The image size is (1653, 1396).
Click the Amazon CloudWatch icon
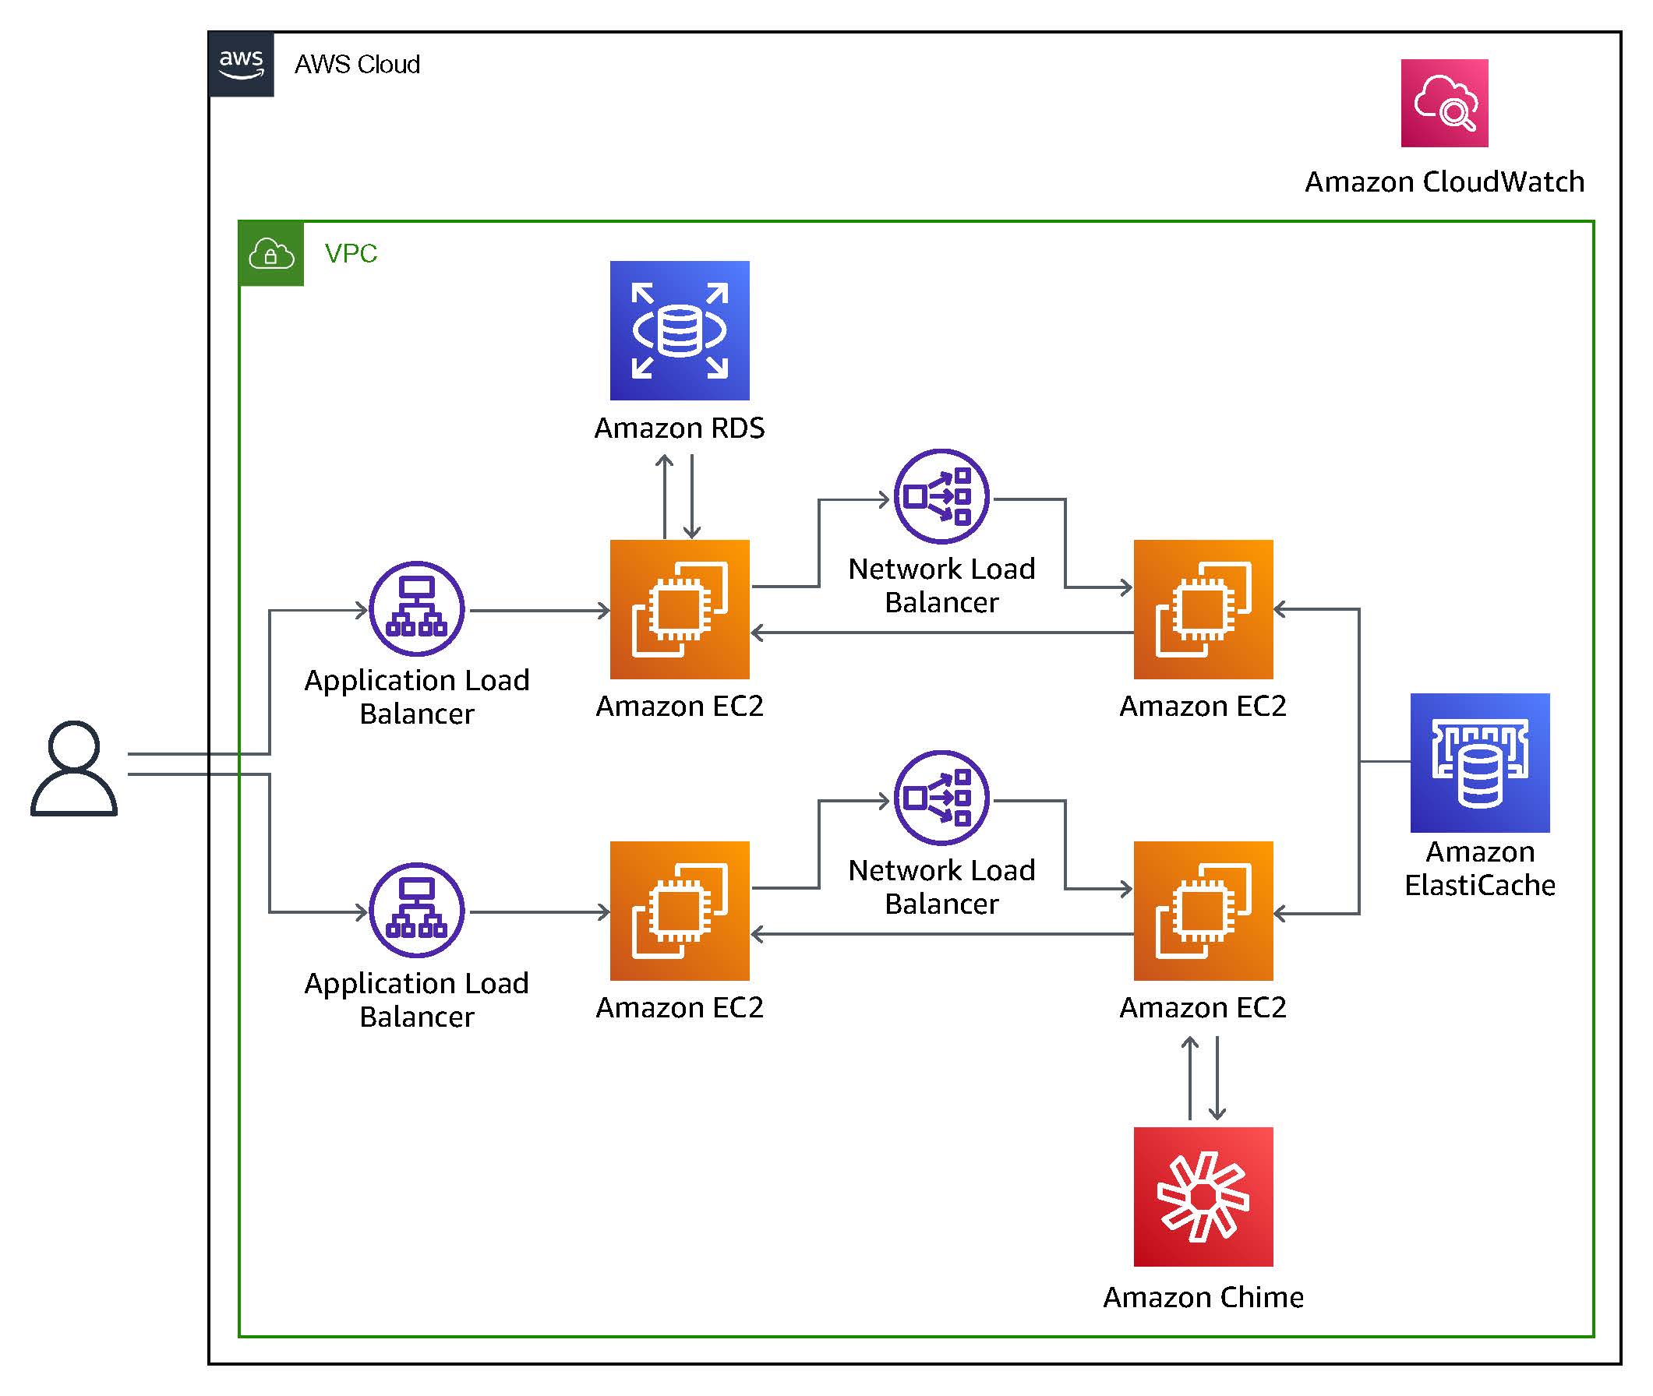point(1443,103)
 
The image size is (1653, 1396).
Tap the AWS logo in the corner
point(242,64)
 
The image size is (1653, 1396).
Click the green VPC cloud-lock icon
point(270,253)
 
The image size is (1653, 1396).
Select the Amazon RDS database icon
point(680,330)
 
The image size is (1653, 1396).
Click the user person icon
point(73,767)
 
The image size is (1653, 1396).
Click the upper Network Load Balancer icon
point(941,496)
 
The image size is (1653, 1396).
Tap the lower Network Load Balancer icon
point(941,797)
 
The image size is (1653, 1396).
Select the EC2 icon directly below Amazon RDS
point(680,608)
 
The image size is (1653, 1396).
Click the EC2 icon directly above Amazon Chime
point(1203,910)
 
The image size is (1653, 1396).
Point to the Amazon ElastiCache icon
point(1479,762)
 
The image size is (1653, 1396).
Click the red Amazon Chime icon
point(1203,1196)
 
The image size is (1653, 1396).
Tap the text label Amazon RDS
point(680,428)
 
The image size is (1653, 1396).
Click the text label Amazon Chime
point(1203,1297)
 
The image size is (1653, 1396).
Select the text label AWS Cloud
point(357,64)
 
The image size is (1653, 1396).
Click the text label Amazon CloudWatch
point(1444,182)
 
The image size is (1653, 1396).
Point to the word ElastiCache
point(1479,885)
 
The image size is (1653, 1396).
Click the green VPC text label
point(351,253)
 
